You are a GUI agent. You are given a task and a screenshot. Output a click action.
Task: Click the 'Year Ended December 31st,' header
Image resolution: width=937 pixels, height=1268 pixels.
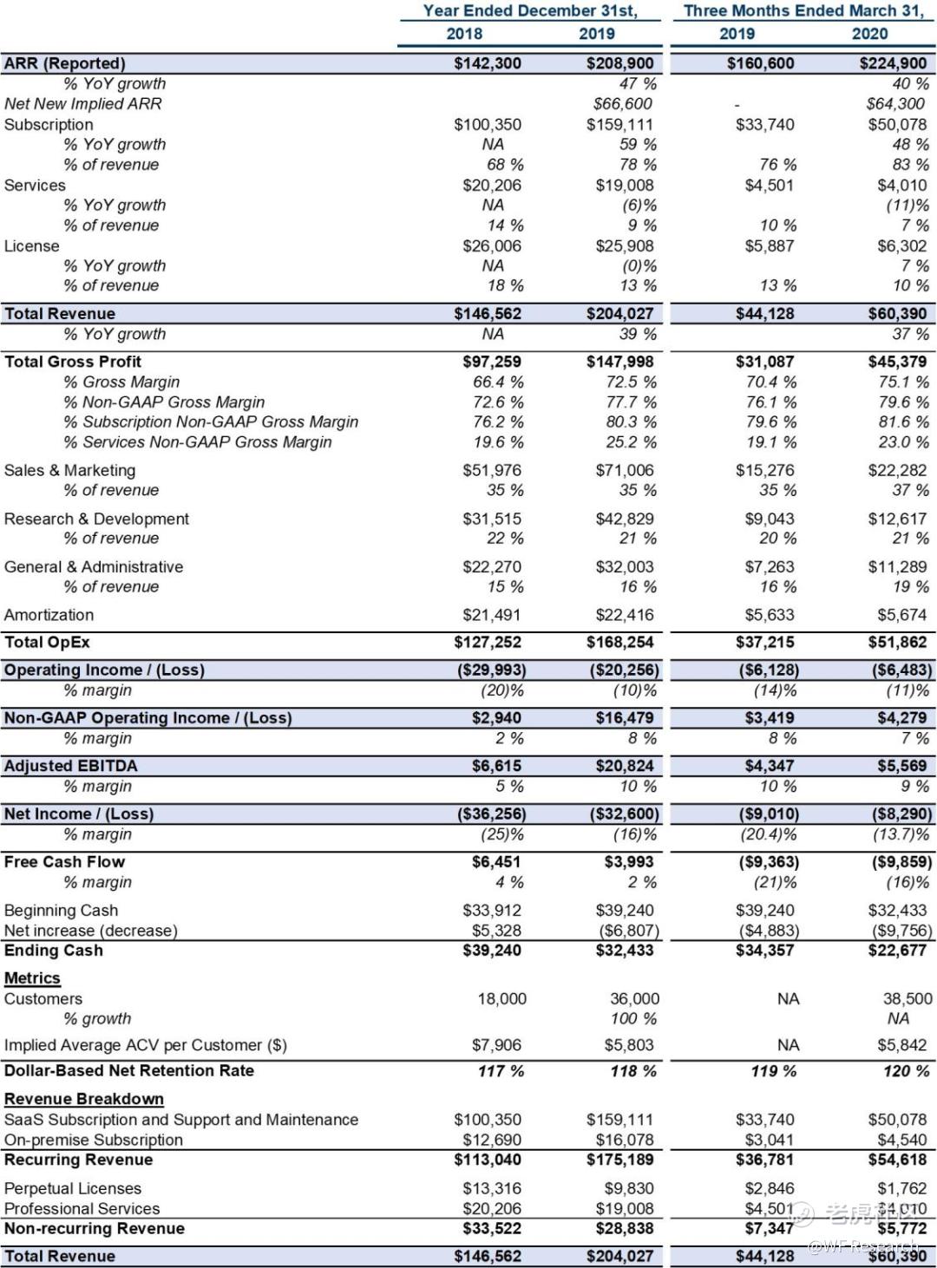click(529, 11)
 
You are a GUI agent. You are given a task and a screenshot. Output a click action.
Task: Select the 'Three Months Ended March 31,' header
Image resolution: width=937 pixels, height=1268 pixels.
click(803, 11)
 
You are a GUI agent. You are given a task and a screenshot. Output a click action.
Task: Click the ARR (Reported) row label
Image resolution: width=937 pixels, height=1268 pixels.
click(65, 63)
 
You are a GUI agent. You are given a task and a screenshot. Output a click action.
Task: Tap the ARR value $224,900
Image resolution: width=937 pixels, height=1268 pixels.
click(893, 63)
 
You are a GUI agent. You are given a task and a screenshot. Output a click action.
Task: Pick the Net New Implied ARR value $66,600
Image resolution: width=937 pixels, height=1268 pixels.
click(622, 104)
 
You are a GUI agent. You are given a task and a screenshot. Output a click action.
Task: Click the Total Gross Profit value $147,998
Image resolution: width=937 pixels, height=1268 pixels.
click(619, 362)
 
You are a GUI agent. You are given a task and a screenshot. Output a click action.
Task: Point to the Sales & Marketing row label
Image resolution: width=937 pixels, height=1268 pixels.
click(70, 470)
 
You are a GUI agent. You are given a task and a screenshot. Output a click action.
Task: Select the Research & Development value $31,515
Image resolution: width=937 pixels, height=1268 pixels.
click(492, 519)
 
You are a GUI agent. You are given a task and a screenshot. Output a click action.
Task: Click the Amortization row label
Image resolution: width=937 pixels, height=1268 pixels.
click(49, 615)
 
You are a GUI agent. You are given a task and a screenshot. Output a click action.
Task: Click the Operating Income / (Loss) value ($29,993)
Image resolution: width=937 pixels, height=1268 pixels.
click(491, 670)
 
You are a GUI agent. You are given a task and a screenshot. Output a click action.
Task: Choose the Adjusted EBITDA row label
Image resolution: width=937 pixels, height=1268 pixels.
click(71, 766)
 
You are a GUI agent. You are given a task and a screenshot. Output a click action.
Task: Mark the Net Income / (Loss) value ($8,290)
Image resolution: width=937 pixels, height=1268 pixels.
click(901, 814)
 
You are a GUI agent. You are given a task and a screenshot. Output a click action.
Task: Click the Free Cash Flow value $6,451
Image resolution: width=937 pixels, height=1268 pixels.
click(496, 862)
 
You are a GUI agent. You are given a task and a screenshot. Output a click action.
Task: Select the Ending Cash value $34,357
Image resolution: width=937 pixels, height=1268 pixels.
click(764, 951)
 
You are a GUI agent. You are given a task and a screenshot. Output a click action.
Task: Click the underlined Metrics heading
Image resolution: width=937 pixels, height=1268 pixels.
click(32, 978)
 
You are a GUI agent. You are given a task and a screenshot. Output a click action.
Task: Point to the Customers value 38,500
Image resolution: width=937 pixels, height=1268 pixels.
click(908, 999)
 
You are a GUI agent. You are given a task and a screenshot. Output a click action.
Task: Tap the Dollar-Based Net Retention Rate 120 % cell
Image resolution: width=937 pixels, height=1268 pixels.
click(906, 1071)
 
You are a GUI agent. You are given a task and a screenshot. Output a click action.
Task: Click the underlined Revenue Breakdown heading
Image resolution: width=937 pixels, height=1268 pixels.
click(84, 1099)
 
